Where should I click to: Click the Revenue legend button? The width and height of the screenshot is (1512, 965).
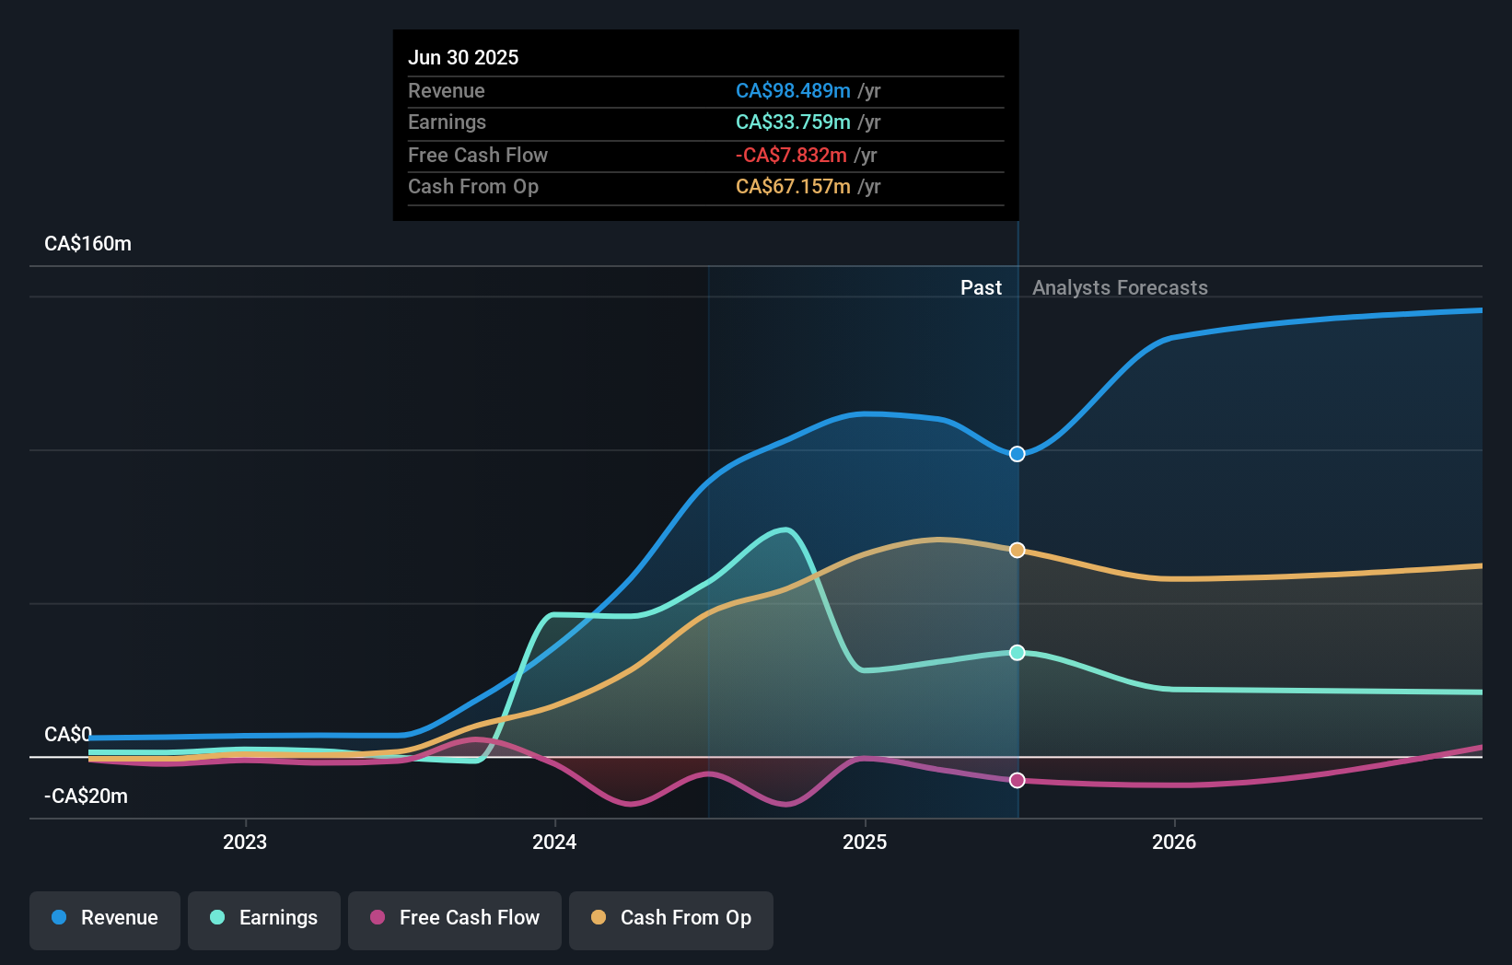[105, 918]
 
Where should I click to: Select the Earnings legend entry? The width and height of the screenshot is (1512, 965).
[264, 918]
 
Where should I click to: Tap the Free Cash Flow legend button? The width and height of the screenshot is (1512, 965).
[455, 918]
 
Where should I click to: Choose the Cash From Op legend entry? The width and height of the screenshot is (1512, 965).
[671, 918]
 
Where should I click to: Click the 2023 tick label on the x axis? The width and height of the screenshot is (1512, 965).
[245, 842]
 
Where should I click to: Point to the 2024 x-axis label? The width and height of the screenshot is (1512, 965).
[554, 842]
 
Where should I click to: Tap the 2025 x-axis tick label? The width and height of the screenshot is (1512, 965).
[865, 842]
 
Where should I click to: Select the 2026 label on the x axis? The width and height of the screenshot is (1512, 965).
[1174, 842]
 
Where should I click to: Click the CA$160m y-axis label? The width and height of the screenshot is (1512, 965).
[87, 244]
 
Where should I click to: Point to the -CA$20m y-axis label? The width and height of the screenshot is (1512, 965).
[86, 796]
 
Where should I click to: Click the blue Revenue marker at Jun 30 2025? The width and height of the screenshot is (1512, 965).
[1017, 454]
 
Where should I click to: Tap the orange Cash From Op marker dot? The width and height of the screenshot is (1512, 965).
[1017, 550]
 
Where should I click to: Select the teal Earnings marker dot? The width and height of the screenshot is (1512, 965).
[1017, 652]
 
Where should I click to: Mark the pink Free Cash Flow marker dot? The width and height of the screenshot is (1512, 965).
[1017, 780]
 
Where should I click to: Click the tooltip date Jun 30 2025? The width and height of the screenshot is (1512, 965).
[463, 57]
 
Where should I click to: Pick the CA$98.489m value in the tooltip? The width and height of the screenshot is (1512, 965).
[793, 90]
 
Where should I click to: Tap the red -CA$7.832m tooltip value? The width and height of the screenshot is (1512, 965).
[791, 155]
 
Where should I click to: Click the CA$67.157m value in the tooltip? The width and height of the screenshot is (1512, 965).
[793, 186]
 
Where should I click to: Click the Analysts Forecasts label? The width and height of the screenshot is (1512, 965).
[1120, 287]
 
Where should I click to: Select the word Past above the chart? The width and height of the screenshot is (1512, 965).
[981, 287]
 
